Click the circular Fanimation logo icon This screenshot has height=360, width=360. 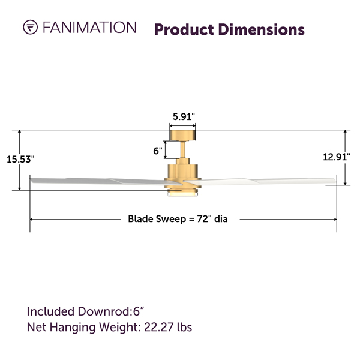coord(31,27)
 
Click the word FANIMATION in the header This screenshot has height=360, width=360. coord(89,28)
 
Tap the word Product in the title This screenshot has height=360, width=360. coord(184,30)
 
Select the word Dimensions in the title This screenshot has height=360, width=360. coord(262,30)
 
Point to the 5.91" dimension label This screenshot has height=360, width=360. coord(184,117)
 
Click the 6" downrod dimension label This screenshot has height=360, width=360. coord(158,151)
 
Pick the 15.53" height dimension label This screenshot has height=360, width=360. coord(20,160)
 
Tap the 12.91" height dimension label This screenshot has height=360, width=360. coord(337,157)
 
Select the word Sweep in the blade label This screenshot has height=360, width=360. coord(171,219)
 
